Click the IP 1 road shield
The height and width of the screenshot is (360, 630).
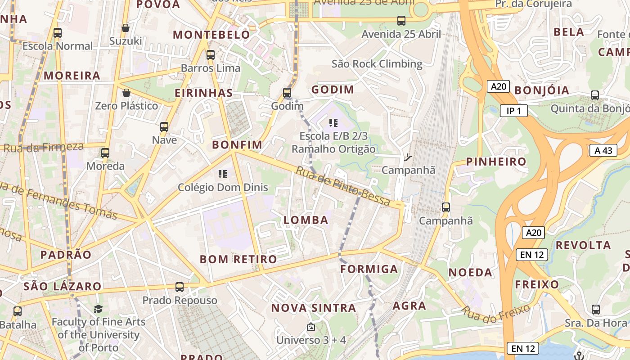pyautogui.click(x=513, y=111)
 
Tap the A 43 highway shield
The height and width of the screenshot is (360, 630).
pyautogui.click(x=603, y=150)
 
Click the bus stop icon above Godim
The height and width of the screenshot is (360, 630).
pyautogui.click(x=287, y=93)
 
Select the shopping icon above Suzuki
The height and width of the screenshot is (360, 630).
pyautogui.click(x=126, y=28)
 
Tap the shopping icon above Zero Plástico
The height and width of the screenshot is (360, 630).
pyautogui.click(x=126, y=93)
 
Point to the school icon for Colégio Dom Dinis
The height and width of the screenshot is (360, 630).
pyautogui.click(x=222, y=174)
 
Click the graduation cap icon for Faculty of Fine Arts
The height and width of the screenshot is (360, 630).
pyautogui.click(x=98, y=309)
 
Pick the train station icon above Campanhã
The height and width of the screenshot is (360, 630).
pyautogui.click(x=408, y=157)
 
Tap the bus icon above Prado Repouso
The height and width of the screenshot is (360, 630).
pyautogui.click(x=179, y=287)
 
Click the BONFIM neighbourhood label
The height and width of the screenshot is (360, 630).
pyautogui.click(x=237, y=144)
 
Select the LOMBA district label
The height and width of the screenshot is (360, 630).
pyautogui.click(x=306, y=220)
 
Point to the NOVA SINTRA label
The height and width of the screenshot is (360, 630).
pyautogui.click(x=314, y=308)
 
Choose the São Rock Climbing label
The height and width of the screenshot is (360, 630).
pyautogui.click(x=377, y=64)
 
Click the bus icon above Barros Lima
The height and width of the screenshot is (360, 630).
pyautogui.click(x=210, y=55)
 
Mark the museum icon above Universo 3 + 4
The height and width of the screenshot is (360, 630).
pyautogui.click(x=310, y=327)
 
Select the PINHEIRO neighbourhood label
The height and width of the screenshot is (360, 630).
pyautogui.click(x=496, y=162)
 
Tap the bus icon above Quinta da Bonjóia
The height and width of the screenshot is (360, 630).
pyautogui.click(x=595, y=95)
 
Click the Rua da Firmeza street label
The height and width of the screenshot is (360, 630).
pyautogui.click(x=44, y=147)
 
